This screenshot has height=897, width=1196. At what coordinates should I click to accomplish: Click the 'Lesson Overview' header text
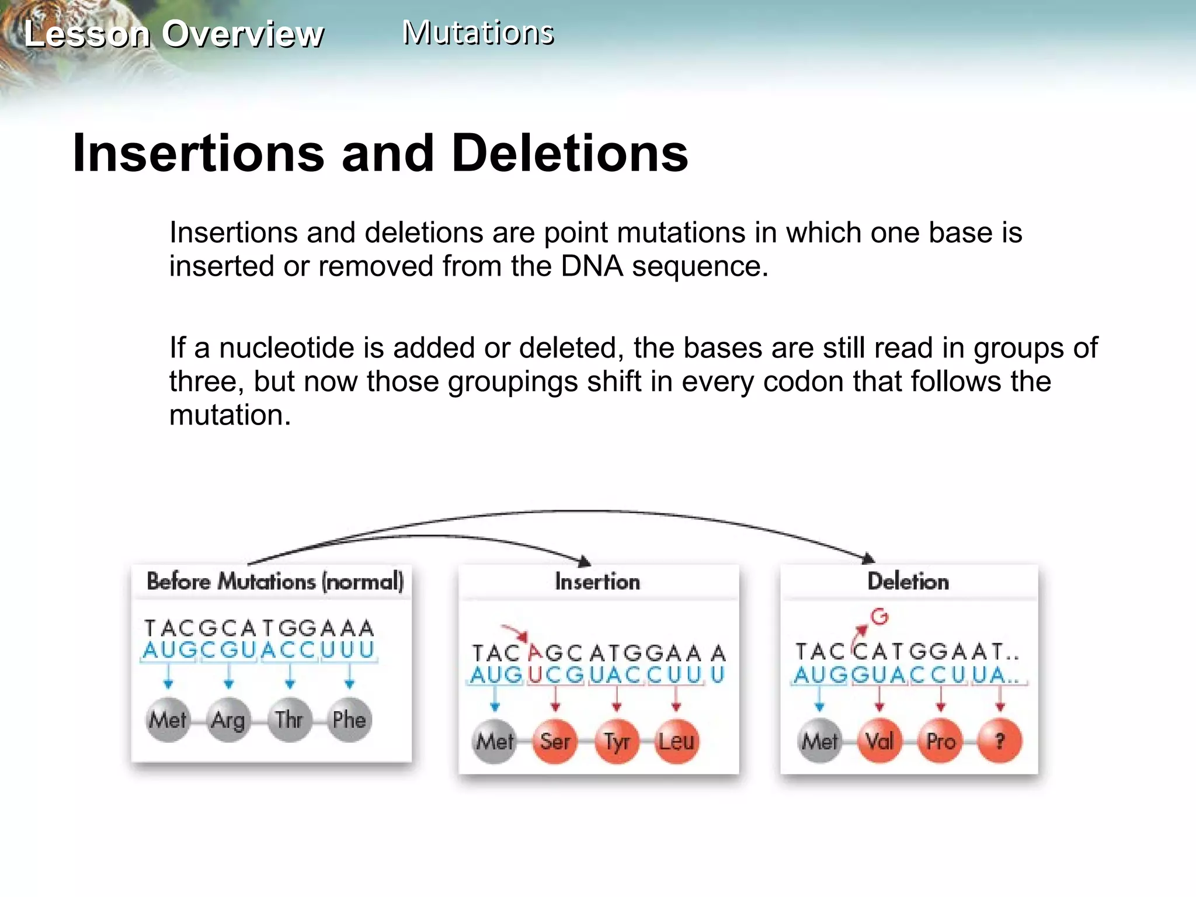click(x=174, y=34)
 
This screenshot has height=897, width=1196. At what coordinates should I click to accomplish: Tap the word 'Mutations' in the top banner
click(x=478, y=33)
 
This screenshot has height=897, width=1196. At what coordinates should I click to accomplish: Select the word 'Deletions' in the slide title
click(x=570, y=153)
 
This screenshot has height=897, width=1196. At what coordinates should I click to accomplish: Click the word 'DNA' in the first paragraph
click(x=592, y=266)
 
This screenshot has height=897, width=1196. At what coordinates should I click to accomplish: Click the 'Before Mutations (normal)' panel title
click(x=274, y=582)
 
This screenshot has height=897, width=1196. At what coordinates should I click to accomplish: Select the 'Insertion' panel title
click(x=597, y=582)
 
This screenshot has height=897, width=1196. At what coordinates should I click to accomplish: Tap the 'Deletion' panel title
click(x=908, y=582)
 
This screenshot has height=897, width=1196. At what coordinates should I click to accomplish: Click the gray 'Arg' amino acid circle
click(x=228, y=720)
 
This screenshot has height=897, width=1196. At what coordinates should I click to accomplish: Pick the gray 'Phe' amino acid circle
click(x=349, y=720)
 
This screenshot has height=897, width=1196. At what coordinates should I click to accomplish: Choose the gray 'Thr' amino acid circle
click(x=289, y=720)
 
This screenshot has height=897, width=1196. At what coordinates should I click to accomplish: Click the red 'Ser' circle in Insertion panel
click(x=555, y=742)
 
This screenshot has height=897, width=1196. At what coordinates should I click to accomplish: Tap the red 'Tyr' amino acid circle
click(x=616, y=742)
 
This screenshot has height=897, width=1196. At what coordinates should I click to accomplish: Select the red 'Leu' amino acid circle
click(x=676, y=742)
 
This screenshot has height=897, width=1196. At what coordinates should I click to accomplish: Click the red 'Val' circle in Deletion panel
click(x=879, y=742)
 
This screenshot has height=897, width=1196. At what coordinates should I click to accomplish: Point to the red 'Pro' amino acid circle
click(x=940, y=742)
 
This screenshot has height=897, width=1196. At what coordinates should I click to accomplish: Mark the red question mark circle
click(x=1000, y=742)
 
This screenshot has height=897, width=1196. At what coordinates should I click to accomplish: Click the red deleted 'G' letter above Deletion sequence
click(x=879, y=617)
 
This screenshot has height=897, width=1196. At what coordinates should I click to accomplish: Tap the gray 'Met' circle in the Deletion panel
click(x=819, y=742)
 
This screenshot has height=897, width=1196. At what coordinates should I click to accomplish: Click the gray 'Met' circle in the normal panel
click(x=168, y=720)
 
